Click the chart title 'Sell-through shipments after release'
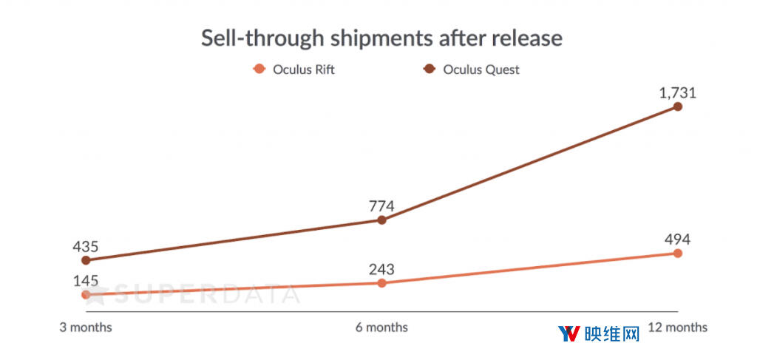(381, 38)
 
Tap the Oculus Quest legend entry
(473, 70)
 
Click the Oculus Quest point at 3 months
(86, 260)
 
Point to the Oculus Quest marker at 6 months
(381, 220)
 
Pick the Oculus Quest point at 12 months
(678, 106)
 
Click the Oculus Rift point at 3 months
(86, 294)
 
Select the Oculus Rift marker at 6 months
(381, 283)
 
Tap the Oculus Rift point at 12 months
(678, 253)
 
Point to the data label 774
(381, 206)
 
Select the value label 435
(86, 246)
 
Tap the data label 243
(381, 269)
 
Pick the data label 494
(678, 239)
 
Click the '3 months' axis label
(86, 327)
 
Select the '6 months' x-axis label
(381, 327)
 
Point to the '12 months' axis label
(678, 327)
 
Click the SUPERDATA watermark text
(200, 294)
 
